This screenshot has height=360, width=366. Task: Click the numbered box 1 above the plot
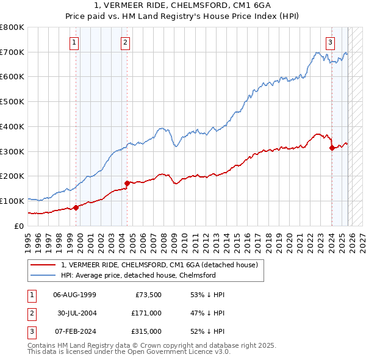tap(74, 42)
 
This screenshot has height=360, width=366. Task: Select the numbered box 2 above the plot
tap(125, 42)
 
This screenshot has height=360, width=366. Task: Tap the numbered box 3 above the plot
tap(329, 42)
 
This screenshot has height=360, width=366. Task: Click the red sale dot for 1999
tap(76, 207)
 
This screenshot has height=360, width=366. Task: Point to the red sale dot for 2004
tap(127, 183)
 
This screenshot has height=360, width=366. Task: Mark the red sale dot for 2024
tap(331, 147)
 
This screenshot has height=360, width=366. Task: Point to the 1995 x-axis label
tap(28, 240)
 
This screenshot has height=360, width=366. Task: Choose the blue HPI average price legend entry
tap(138, 275)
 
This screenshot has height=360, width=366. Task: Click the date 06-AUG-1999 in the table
tap(74, 295)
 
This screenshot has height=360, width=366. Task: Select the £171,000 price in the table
tap(146, 313)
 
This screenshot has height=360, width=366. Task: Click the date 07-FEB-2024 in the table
tap(74, 331)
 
